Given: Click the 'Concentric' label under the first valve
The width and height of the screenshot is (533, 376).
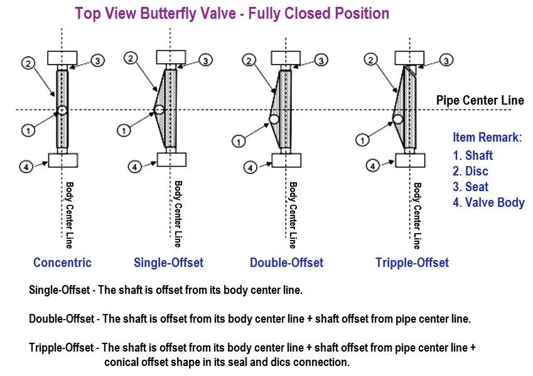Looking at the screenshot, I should [62, 263].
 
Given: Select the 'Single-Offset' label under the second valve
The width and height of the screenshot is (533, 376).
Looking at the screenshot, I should [169, 263].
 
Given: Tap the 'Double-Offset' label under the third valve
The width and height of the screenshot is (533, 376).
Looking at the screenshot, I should [286, 263].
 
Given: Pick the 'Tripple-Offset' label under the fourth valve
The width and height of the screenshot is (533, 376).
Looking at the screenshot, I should [412, 263].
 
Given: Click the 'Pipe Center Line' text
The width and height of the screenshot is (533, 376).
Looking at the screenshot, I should [480, 100].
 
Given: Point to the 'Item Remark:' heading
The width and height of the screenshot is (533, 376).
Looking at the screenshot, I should [487, 138].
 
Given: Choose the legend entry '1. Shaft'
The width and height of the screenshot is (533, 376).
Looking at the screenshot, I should [473, 155].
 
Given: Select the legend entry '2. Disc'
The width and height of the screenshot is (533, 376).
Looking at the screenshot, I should [470, 171].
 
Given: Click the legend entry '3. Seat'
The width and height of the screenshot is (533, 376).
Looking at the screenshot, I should [470, 187].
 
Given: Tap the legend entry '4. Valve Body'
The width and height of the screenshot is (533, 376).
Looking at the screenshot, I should [488, 202].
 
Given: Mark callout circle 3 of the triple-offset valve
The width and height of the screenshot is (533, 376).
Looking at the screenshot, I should [445, 60].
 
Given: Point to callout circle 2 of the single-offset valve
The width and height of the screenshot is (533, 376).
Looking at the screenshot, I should [131, 58].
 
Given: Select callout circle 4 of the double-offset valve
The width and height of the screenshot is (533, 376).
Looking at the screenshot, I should [250, 167].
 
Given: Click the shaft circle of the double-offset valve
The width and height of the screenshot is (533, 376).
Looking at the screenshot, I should [274, 119].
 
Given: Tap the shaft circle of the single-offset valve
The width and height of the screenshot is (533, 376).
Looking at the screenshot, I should [159, 110].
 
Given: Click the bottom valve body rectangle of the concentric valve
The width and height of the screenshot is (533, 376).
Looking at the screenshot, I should [62, 160].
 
